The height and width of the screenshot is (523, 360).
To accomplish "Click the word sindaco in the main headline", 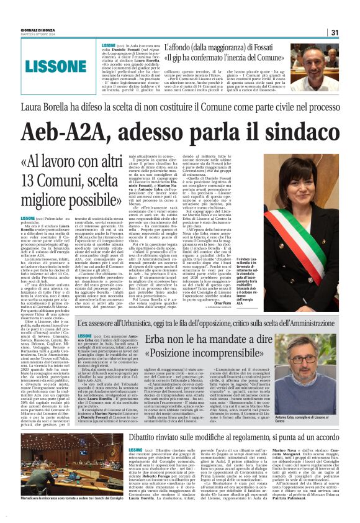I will pos(296,130).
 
